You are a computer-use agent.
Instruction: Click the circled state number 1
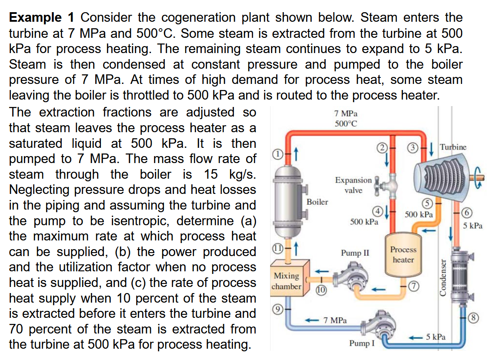(276, 153)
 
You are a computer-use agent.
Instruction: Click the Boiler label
(317, 202)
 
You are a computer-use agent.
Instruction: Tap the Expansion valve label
(353, 185)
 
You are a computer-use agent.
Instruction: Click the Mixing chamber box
(287, 280)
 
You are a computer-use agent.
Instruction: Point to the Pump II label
(355, 253)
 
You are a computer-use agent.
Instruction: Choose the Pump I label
(361, 343)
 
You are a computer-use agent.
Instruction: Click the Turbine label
(453, 147)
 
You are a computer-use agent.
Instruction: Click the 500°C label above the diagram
(346, 123)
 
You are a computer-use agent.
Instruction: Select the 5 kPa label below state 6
(473, 226)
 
